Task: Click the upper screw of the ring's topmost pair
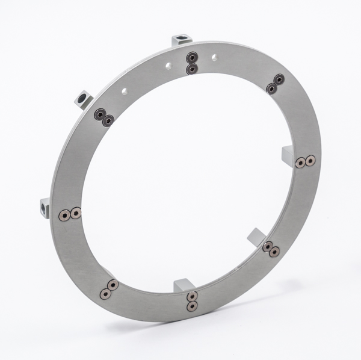click(x=193, y=58)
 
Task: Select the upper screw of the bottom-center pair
click(x=193, y=296)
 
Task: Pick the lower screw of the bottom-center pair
click(x=192, y=306)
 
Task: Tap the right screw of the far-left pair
click(x=76, y=213)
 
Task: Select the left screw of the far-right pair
click(x=300, y=162)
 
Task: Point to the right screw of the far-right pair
click(x=310, y=161)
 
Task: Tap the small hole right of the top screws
click(x=214, y=58)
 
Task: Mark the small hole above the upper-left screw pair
click(x=123, y=92)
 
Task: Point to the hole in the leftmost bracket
click(x=44, y=208)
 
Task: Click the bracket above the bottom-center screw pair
click(x=183, y=284)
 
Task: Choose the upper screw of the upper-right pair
click(x=279, y=79)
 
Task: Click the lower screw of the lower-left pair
click(x=105, y=294)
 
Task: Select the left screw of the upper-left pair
click(x=99, y=114)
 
